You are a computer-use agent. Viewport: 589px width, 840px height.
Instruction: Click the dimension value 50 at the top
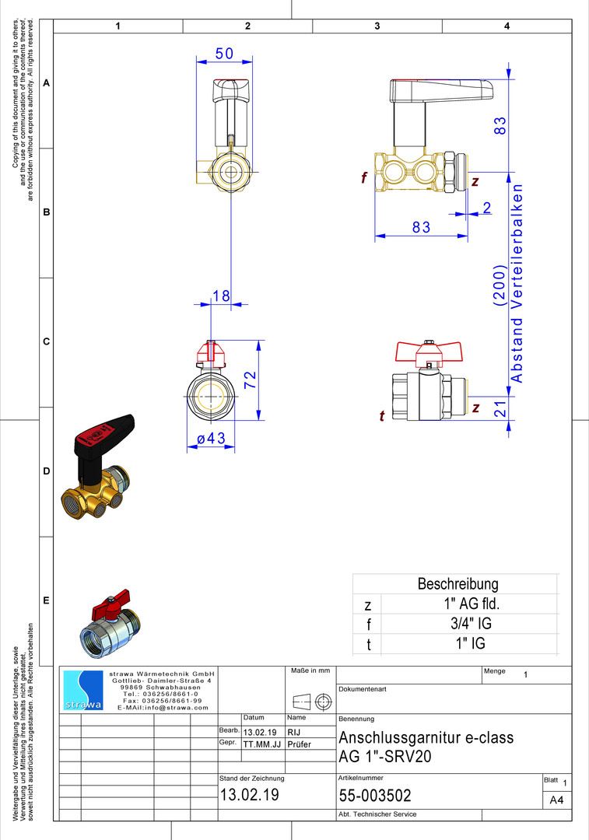(225, 54)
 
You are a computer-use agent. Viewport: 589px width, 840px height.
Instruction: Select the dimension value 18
(221, 296)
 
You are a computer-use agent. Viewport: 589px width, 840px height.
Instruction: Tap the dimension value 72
(251, 380)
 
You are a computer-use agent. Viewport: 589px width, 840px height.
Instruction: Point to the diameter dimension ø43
(211, 438)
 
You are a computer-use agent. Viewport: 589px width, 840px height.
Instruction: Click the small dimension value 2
(486, 208)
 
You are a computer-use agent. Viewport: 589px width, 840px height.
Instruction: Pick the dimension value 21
(500, 409)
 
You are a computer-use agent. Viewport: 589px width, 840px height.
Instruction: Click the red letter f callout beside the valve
(364, 177)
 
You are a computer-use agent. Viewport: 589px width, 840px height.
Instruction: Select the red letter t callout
(381, 415)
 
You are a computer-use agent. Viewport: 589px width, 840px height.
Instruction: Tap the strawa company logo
(83, 691)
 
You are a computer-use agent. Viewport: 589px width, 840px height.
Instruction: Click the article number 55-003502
(375, 796)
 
